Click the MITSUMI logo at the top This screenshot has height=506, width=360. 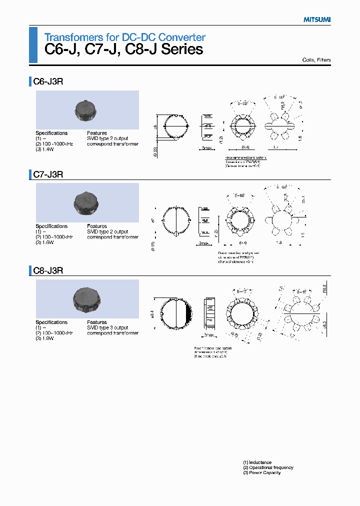(x=317, y=19)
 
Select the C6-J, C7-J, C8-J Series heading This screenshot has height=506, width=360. (x=123, y=50)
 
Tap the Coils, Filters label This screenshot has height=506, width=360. (x=316, y=60)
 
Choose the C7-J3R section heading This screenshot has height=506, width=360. (x=48, y=174)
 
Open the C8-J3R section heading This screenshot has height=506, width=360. (x=48, y=270)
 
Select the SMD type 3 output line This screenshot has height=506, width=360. (x=107, y=327)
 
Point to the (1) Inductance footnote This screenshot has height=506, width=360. (x=257, y=462)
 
